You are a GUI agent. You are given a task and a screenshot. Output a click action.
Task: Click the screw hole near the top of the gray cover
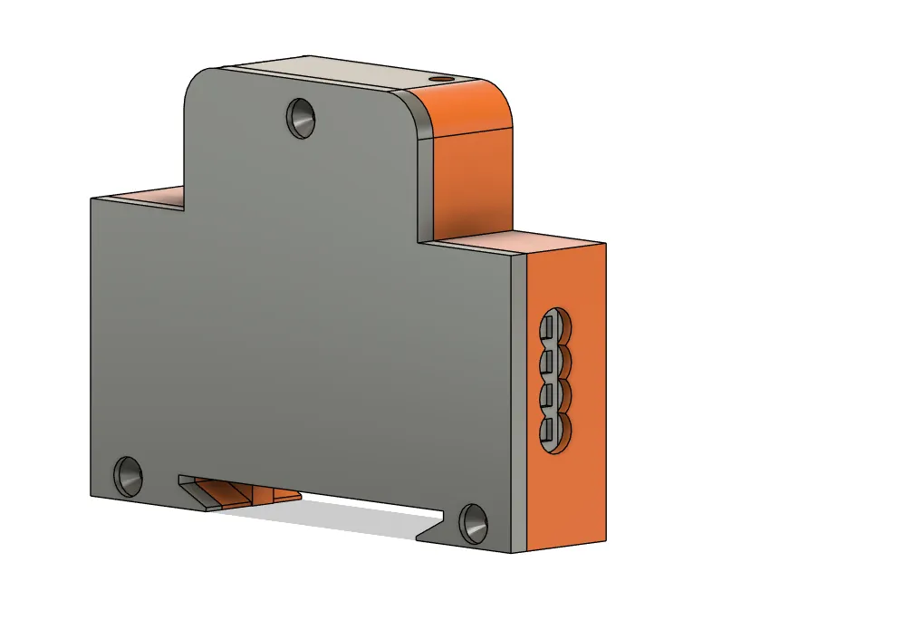302,117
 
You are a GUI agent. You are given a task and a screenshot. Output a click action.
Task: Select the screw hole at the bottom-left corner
128,475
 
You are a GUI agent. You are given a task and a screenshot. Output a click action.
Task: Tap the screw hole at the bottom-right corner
474,523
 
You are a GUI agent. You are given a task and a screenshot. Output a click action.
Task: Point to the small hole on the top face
441,80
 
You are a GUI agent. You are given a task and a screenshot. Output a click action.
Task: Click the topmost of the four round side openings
554,328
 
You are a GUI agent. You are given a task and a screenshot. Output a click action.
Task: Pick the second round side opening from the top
554,362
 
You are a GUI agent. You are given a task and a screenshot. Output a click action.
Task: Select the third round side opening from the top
554,395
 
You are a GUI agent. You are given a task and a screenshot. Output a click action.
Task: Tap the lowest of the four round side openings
554,430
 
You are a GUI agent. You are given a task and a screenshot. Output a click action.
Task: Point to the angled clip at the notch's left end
194,493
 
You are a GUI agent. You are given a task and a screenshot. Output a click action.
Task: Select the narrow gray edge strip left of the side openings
518,399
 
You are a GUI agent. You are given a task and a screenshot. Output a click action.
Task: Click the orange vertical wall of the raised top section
471,181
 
